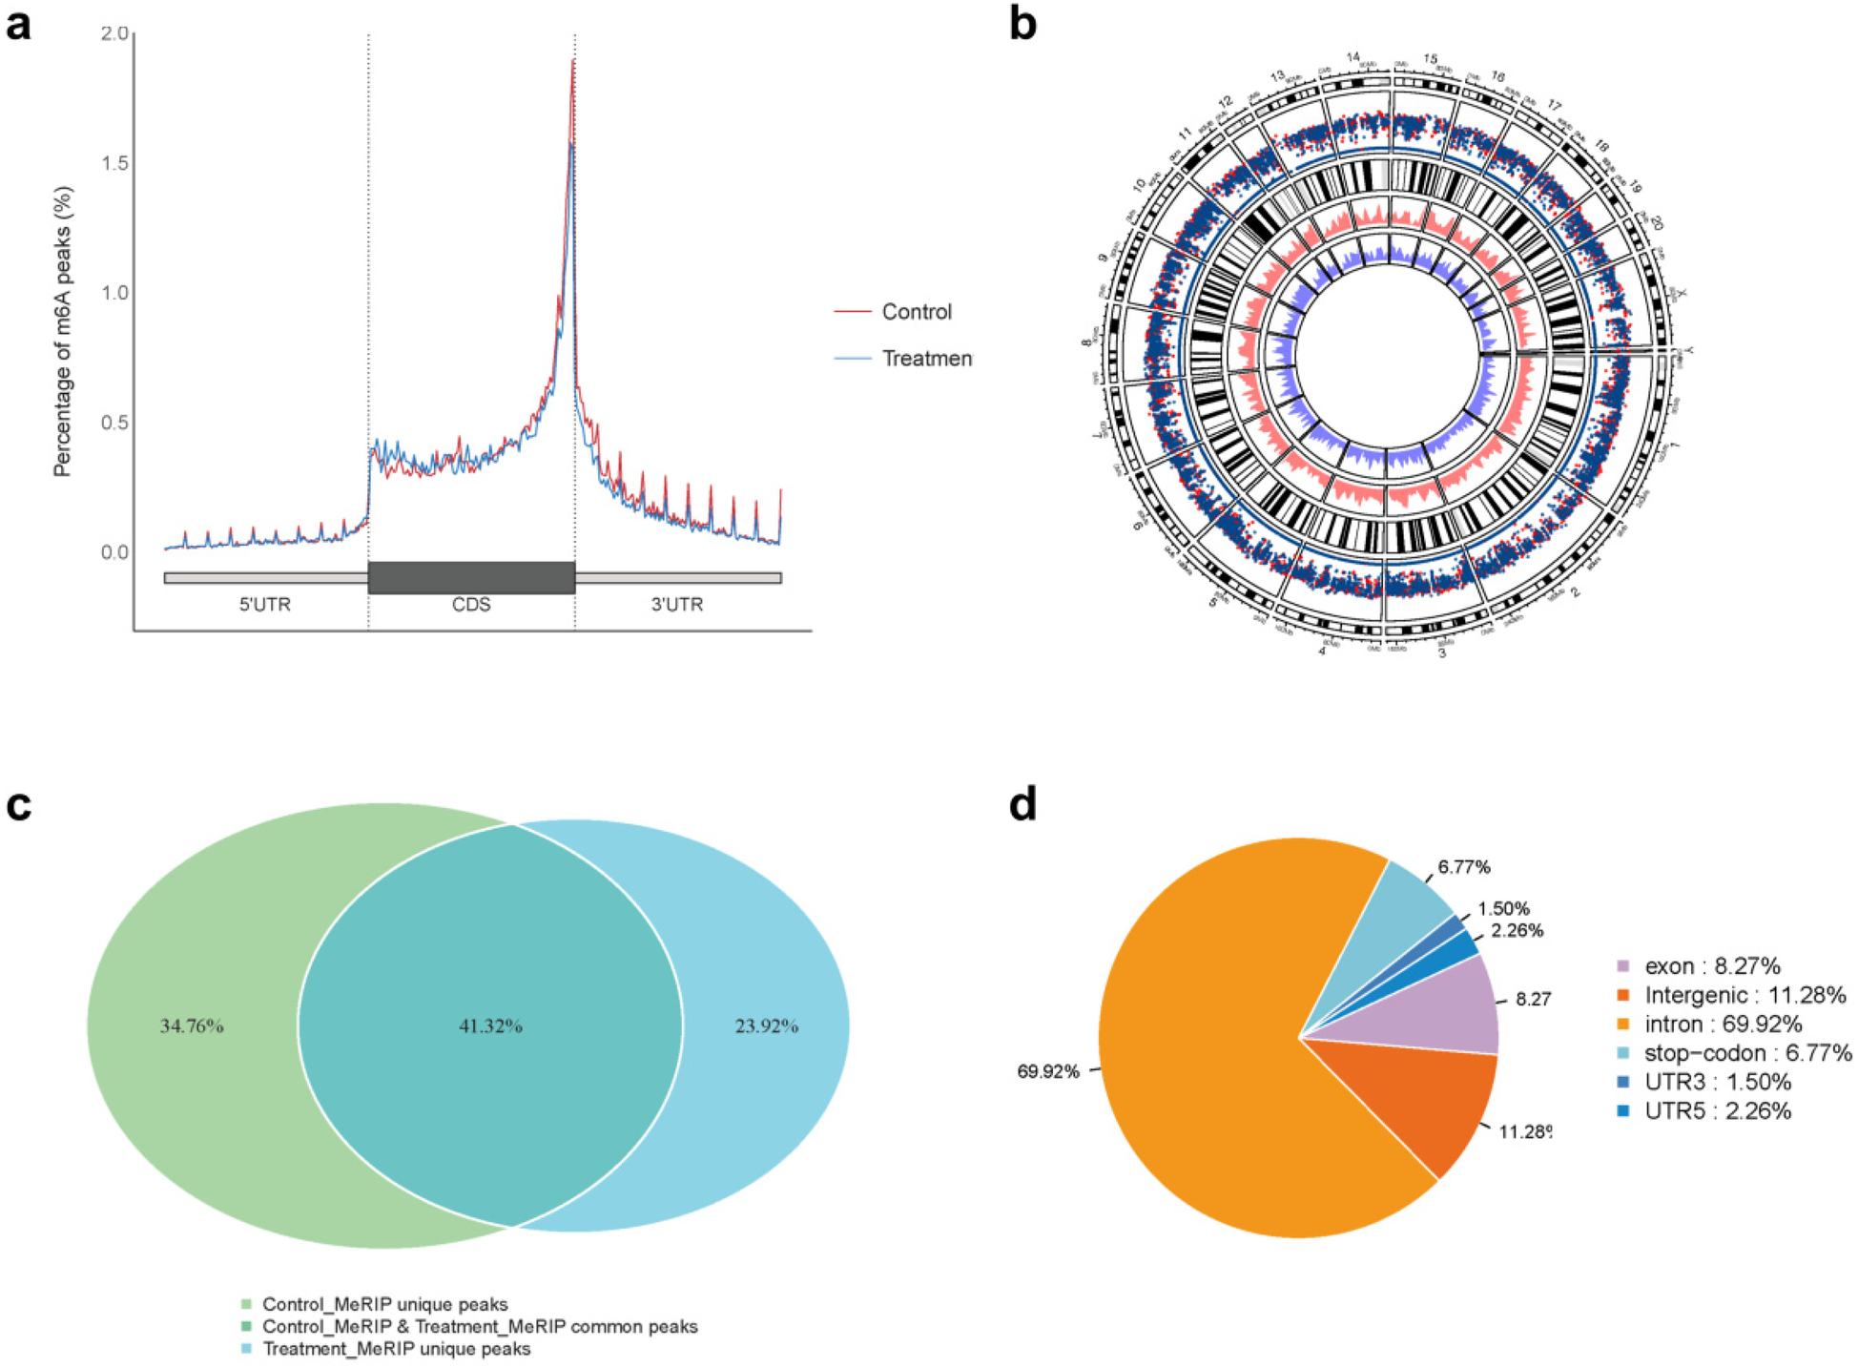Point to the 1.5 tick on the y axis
coord(115,163)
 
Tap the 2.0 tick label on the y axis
coord(115,33)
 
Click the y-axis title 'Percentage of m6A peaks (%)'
coord(63,331)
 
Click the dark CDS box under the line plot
coord(471,578)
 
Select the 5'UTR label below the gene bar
coord(265,605)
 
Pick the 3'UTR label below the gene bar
coord(677,605)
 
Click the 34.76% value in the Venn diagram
coord(192,1026)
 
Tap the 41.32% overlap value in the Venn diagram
coord(490,1026)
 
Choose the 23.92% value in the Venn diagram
coord(766,1026)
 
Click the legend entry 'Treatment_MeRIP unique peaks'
coord(396,1349)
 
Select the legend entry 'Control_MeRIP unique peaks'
coord(384,1304)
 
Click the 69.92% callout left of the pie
coord(1048,1071)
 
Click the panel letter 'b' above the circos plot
coord(1022,26)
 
